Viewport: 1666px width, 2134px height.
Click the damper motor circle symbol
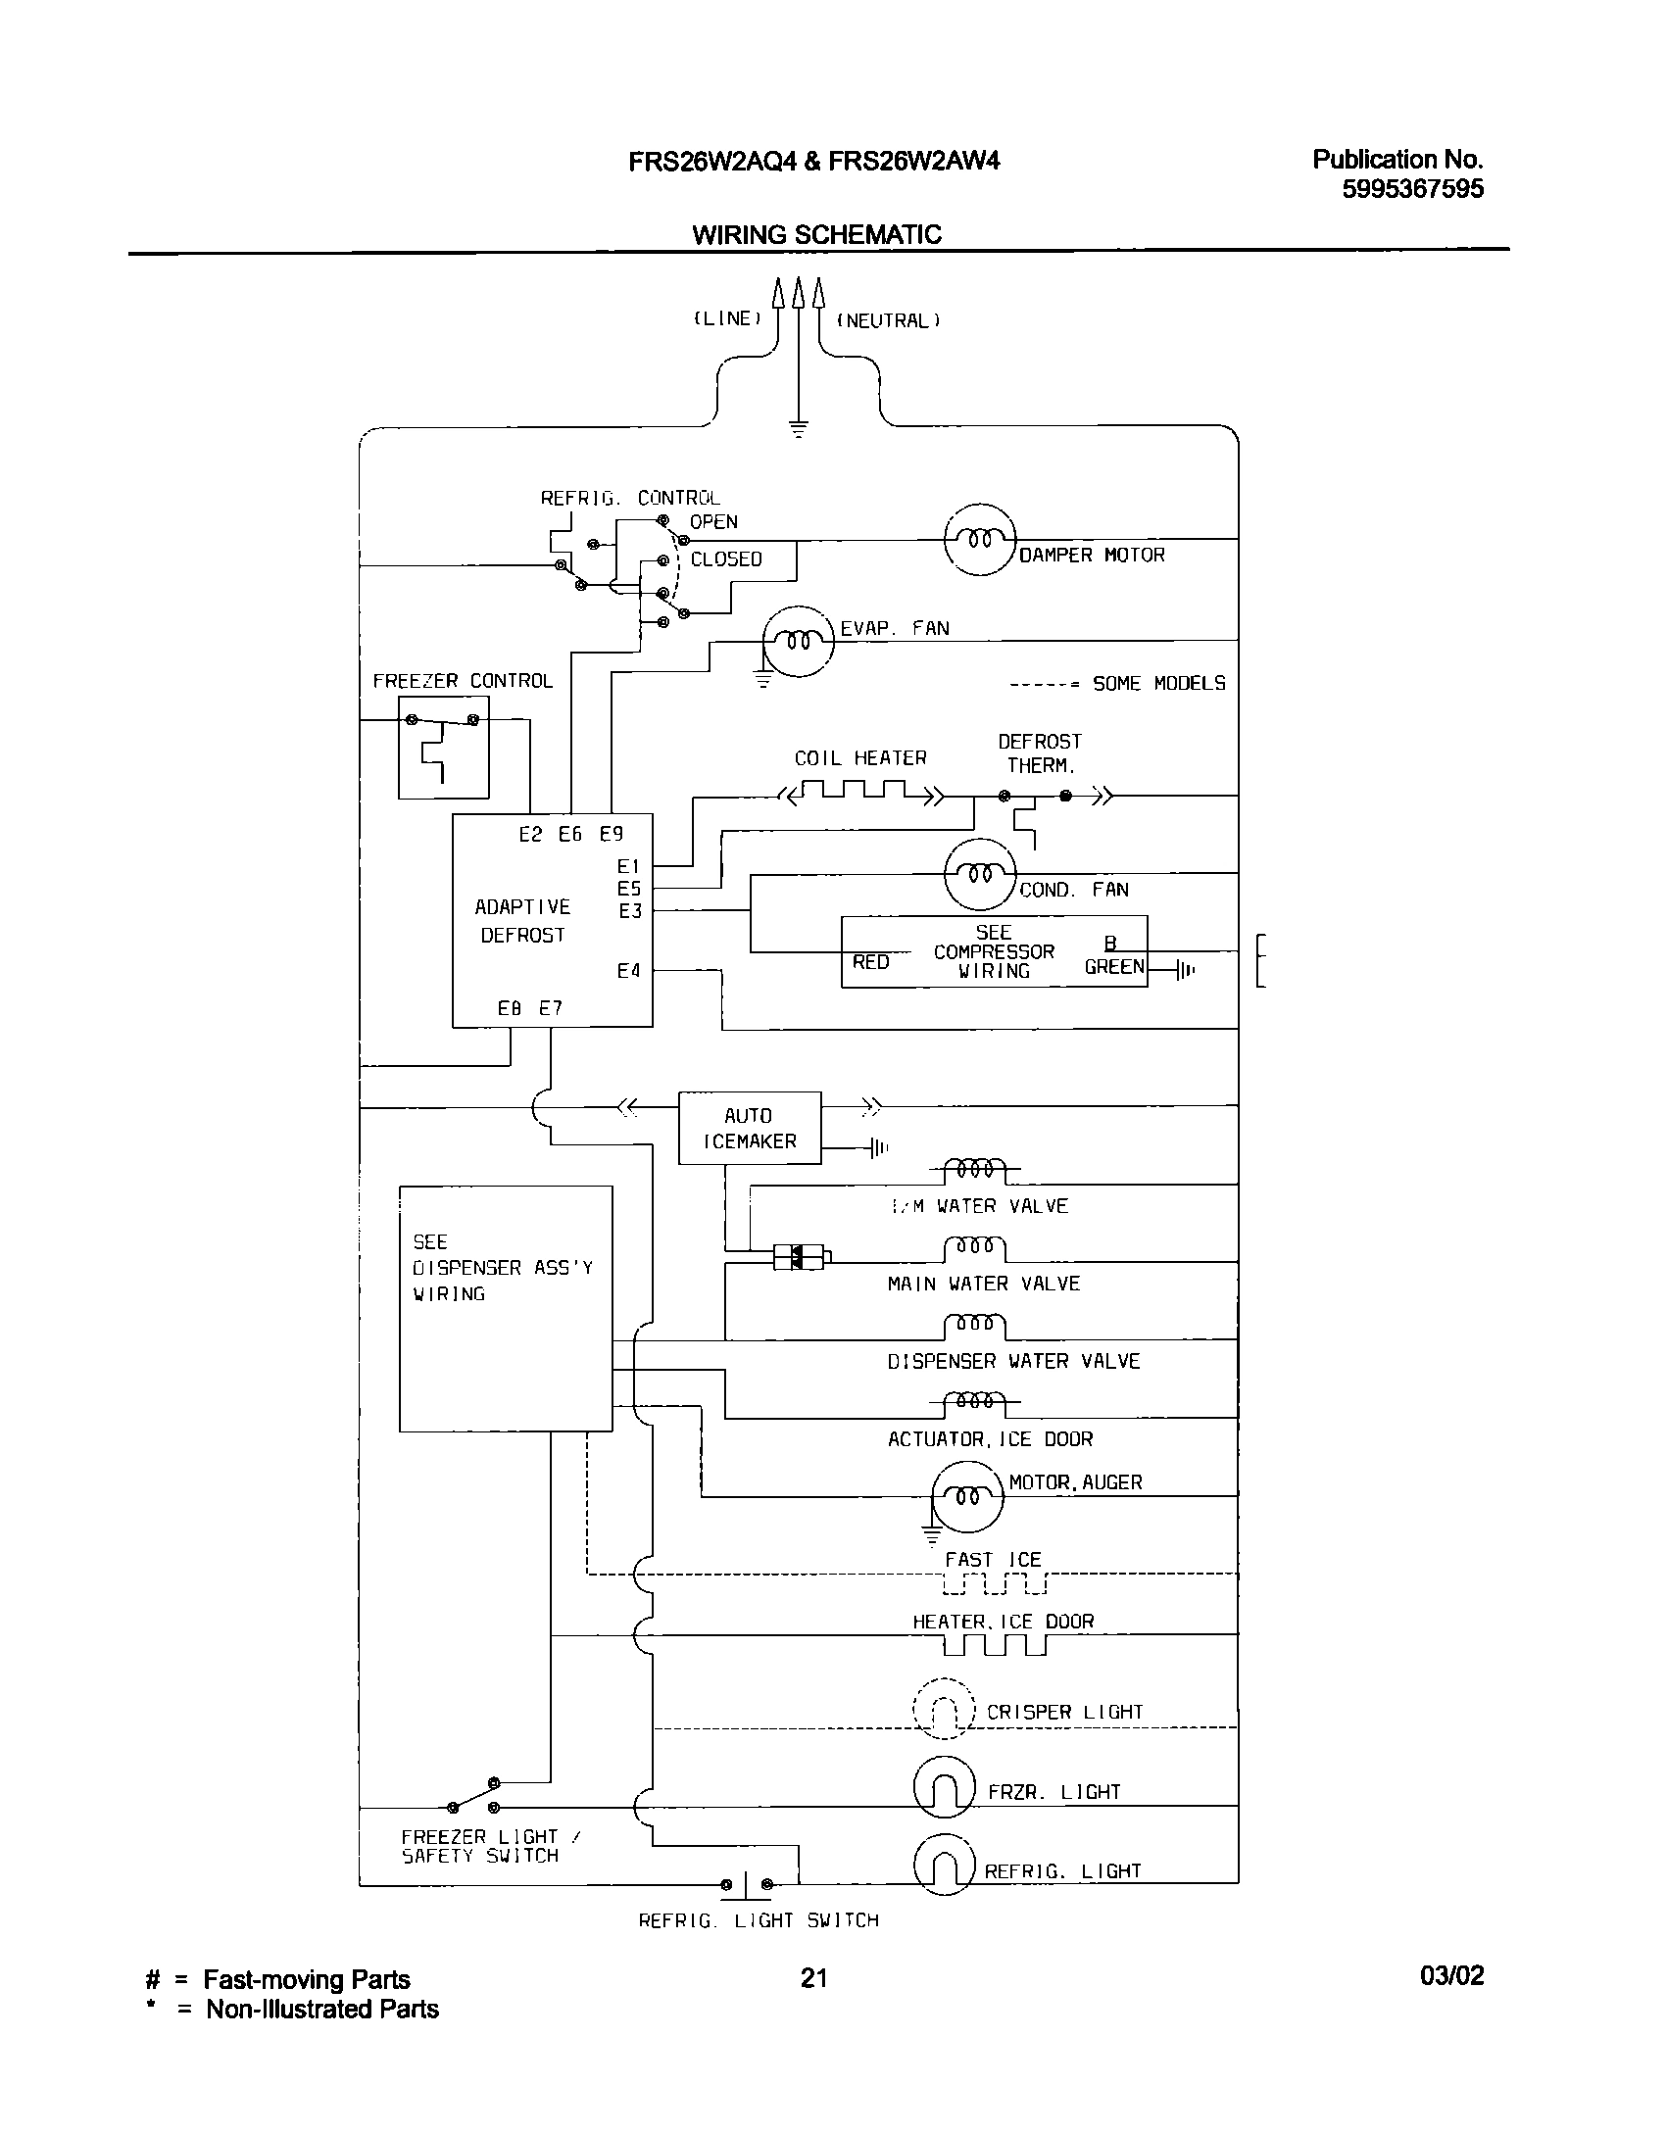(979, 539)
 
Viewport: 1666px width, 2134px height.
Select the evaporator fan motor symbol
(799, 641)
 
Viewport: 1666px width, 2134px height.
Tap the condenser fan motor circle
(979, 873)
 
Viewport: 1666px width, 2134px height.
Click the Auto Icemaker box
(750, 1128)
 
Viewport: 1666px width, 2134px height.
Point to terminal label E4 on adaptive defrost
(628, 971)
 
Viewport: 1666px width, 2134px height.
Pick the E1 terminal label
(628, 866)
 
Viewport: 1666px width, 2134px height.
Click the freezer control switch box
(443, 748)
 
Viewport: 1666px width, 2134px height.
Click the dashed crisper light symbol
(944, 1710)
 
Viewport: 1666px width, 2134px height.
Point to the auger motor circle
(967, 1496)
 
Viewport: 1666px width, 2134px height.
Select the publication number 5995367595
(1412, 188)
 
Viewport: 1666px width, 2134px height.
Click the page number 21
(813, 1978)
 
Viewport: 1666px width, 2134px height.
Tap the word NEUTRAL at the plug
(887, 320)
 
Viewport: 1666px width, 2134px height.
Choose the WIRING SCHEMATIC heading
(816, 235)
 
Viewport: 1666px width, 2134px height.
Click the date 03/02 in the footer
(1451, 1976)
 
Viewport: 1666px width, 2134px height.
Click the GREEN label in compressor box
(1114, 967)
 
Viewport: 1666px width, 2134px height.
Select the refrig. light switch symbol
(746, 1884)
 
